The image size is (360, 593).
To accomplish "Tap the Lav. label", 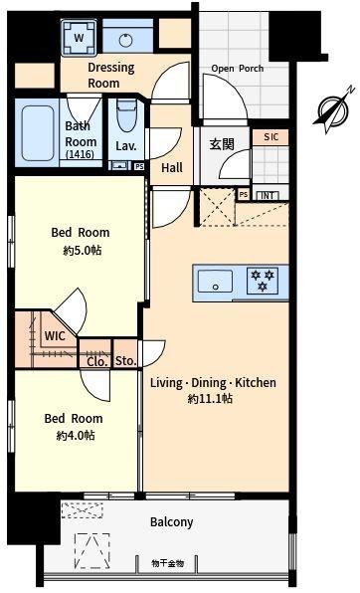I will pyautogui.click(x=125, y=146).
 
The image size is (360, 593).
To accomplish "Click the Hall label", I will pyautogui.click(x=171, y=168).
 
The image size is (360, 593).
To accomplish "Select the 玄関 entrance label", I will pyautogui.click(x=221, y=145).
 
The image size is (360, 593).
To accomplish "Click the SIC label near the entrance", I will pyautogui.click(x=270, y=137).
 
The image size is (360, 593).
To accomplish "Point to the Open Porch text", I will pyautogui.click(x=236, y=69).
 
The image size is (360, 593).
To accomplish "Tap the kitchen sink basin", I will pyautogui.click(x=215, y=282).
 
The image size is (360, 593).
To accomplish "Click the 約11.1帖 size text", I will pyautogui.click(x=211, y=398).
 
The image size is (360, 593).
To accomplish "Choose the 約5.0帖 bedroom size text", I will pyautogui.click(x=80, y=251).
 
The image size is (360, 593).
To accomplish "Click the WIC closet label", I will pyautogui.click(x=55, y=335).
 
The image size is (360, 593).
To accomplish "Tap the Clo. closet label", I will pyautogui.click(x=96, y=361).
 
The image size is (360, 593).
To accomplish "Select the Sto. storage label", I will pyautogui.click(x=125, y=361).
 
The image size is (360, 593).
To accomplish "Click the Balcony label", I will pyautogui.click(x=171, y=521).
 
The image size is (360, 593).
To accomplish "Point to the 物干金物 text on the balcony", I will pyautogui.click(x=168, y=562).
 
